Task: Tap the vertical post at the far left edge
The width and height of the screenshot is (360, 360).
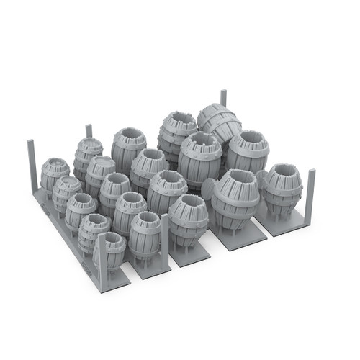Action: pos(32,166)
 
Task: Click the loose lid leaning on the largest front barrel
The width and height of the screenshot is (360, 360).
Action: pos(208,190)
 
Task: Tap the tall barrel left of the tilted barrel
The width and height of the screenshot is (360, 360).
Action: pos(176,133)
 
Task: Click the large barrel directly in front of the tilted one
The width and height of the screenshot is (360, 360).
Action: pos(199,158)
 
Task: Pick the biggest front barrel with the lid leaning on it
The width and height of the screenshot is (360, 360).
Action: pos(235,197)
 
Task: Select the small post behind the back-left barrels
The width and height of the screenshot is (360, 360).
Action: pos(89,131)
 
